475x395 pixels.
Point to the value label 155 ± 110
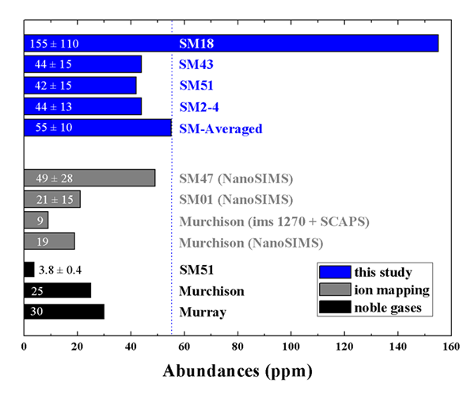point(54,43)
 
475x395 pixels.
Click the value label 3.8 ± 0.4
point(64,270)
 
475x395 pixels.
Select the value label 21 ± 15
point(50,199)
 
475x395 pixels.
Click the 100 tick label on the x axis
point(291,347)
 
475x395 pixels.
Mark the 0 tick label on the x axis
point(25,347)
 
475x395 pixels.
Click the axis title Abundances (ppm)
point(237,370)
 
